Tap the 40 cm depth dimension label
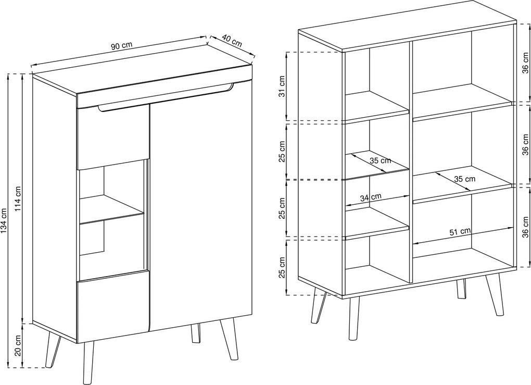coord(232,41)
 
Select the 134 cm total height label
coord(4,221)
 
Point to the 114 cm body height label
coord(18,199)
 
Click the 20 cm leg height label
coord(18,345)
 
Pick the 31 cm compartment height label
coord(282,86)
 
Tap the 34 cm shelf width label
coord(371,197)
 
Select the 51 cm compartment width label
coord(460,232)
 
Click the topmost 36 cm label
coord(525,63)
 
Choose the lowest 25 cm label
coord(282,267)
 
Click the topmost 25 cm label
coord(282,151)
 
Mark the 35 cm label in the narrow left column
coord(380,160)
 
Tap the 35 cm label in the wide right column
coord(464,179)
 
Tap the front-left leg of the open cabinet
coord(353,318)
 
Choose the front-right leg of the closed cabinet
coord(229,339)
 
